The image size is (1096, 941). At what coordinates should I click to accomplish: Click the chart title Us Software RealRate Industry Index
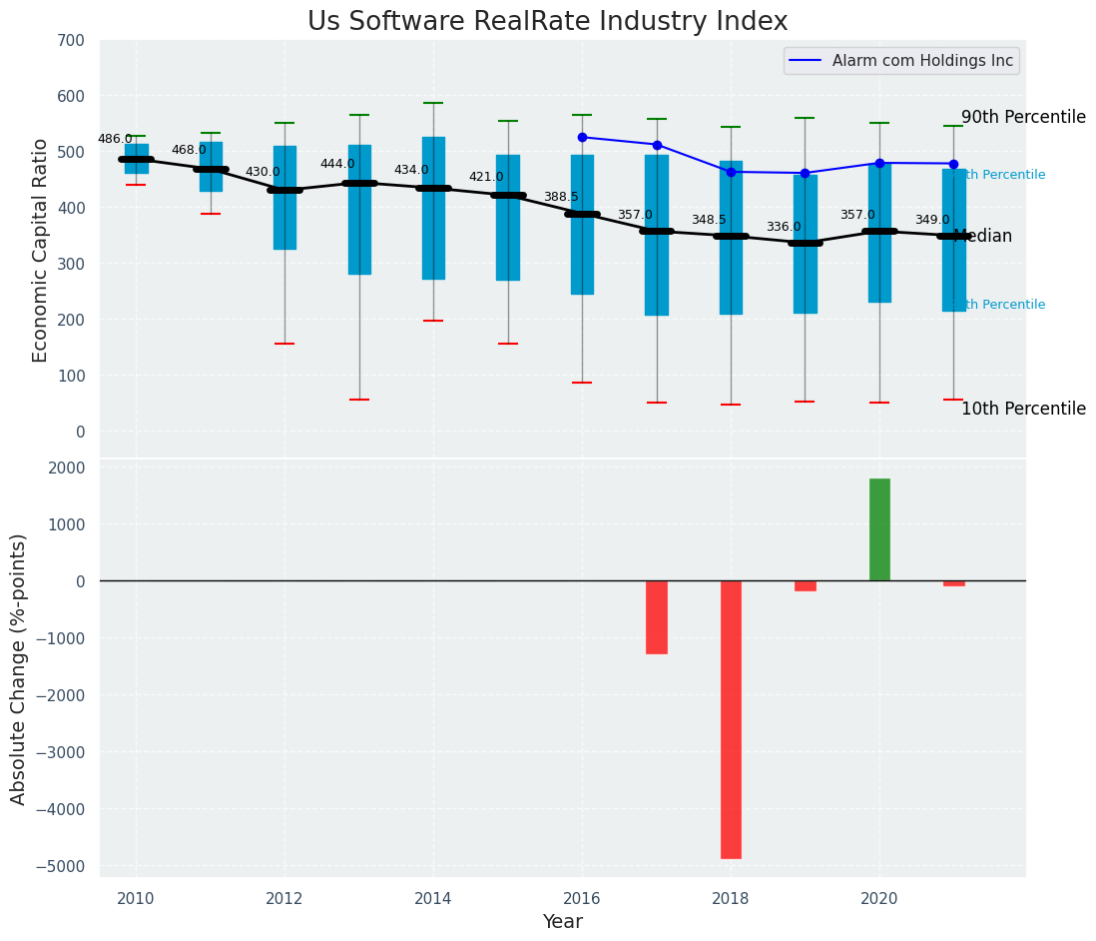tap(547, 22)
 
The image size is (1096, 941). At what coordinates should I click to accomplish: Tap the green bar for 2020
tap(879, 529)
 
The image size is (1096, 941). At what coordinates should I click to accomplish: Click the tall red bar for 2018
tap(731, 719)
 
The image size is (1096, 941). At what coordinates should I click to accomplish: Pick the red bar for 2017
tap(657, 617)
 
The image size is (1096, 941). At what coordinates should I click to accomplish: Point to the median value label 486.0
tap(115, 139)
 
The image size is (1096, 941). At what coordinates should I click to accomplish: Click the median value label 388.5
tap(561, 197)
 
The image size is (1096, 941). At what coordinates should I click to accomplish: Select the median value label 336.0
tap(784, 227)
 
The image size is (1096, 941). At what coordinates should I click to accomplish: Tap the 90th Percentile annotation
tap(1023, 117)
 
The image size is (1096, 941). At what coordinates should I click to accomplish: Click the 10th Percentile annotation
tap(1023, 409)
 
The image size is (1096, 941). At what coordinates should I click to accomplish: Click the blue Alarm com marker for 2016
tap(582, 137)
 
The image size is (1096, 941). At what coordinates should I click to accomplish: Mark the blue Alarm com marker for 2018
tap(731, 172)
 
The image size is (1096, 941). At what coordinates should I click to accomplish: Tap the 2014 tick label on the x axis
tap(433, 899)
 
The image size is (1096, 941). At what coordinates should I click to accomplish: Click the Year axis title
tap(562, 922)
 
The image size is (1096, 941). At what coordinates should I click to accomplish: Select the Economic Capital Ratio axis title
tap(41, 250)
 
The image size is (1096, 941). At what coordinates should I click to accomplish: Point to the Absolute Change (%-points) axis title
tap(19, 668)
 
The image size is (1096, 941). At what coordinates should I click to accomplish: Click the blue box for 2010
tap(137, 152)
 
